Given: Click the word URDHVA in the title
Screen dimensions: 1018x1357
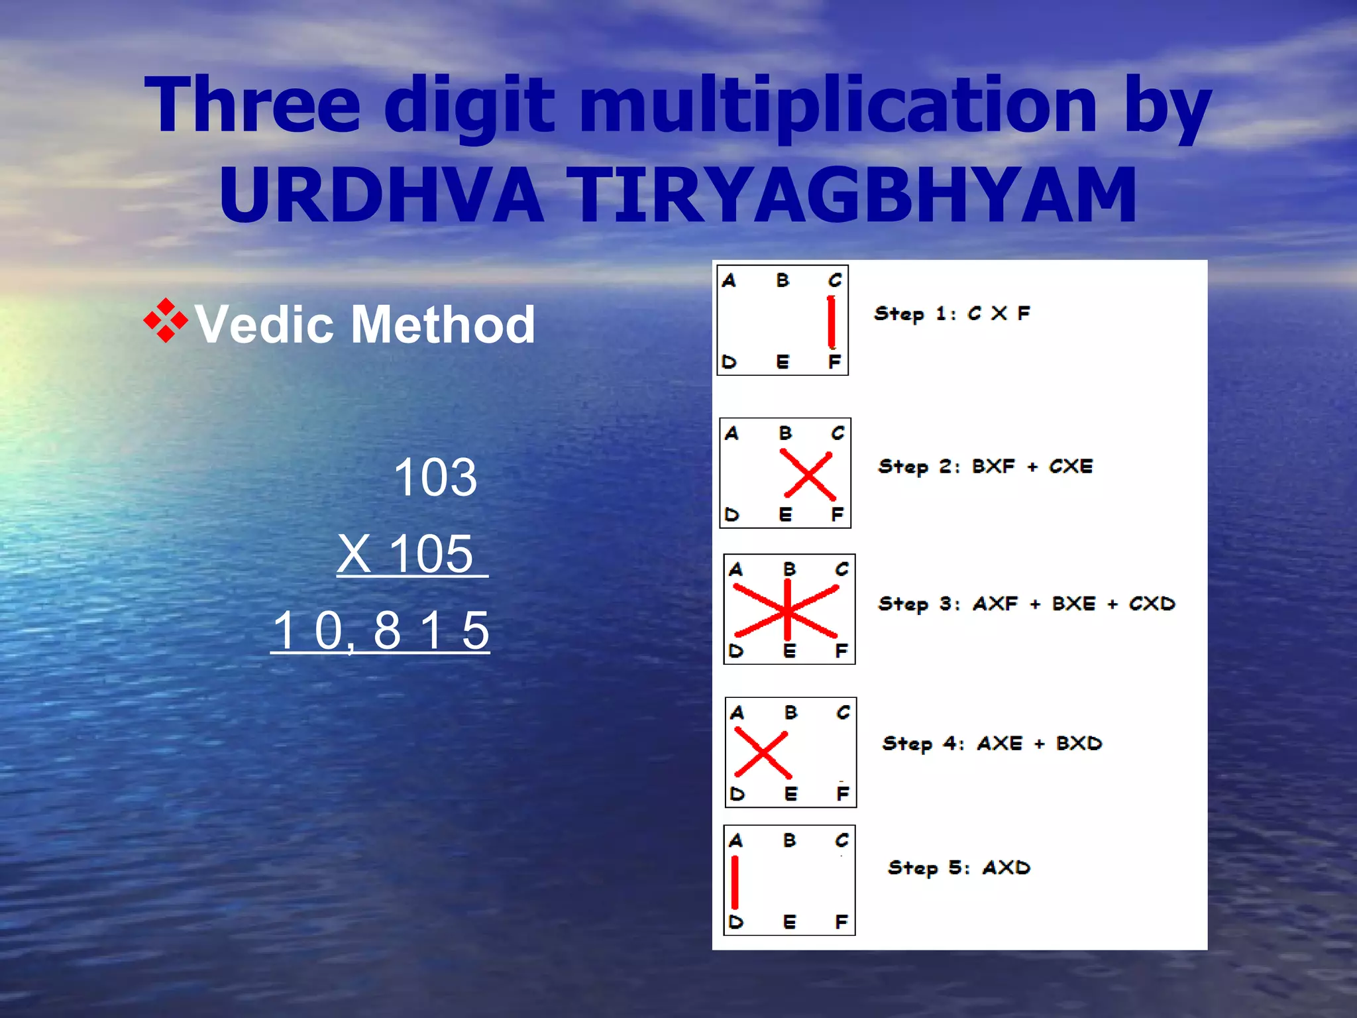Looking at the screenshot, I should pos(381,196).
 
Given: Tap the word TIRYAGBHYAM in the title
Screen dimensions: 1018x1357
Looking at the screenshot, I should pos(855,196).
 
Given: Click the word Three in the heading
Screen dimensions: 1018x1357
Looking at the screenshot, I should pos(252,106).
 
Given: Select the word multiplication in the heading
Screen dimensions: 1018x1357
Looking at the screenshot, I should pos(838,106).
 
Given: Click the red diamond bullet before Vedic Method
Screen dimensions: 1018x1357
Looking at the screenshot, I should pos(166,321).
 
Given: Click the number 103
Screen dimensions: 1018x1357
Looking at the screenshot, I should pos(435,477).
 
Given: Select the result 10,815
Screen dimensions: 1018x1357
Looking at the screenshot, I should pos(380,630).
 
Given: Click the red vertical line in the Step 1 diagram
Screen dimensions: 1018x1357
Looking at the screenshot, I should pos(831,322).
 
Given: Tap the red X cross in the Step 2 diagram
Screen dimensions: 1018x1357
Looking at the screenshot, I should pos(808,475).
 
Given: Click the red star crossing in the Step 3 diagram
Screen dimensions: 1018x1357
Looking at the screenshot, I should pos(787,610).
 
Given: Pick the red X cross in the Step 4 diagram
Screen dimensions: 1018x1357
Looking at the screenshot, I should pos(762,754).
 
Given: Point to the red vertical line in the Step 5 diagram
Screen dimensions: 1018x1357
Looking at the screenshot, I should pos(735,882).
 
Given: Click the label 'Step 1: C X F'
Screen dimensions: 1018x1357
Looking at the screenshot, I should pos(952,313).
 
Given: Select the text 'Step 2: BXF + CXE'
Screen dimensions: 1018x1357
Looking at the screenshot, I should pos(985,467).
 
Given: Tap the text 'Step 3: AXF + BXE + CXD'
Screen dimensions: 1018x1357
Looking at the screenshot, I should pos(1026,604).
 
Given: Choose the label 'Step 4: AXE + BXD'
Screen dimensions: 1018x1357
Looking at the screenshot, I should pos(992,744).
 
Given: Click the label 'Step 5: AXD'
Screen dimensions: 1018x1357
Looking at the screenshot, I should pos(959,868).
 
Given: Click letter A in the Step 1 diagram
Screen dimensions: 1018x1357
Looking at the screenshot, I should pos(729,281).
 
